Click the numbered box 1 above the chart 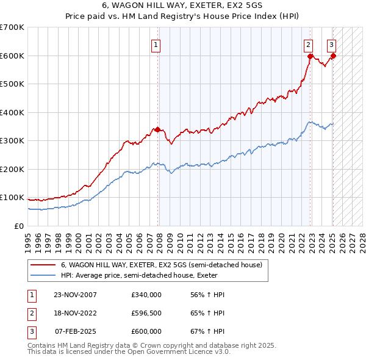click(156, 44)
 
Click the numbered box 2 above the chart click(309, 44)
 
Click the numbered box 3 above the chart click(331, 44)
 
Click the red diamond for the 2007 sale click(157, 129)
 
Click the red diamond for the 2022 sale click(310, 57)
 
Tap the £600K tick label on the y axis click(12, 56)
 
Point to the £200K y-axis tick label click(12, 169)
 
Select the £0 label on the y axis click(18, 226)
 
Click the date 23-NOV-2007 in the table click(76, 295)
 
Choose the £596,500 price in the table click(146, 313)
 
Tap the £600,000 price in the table click(146, 331)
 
